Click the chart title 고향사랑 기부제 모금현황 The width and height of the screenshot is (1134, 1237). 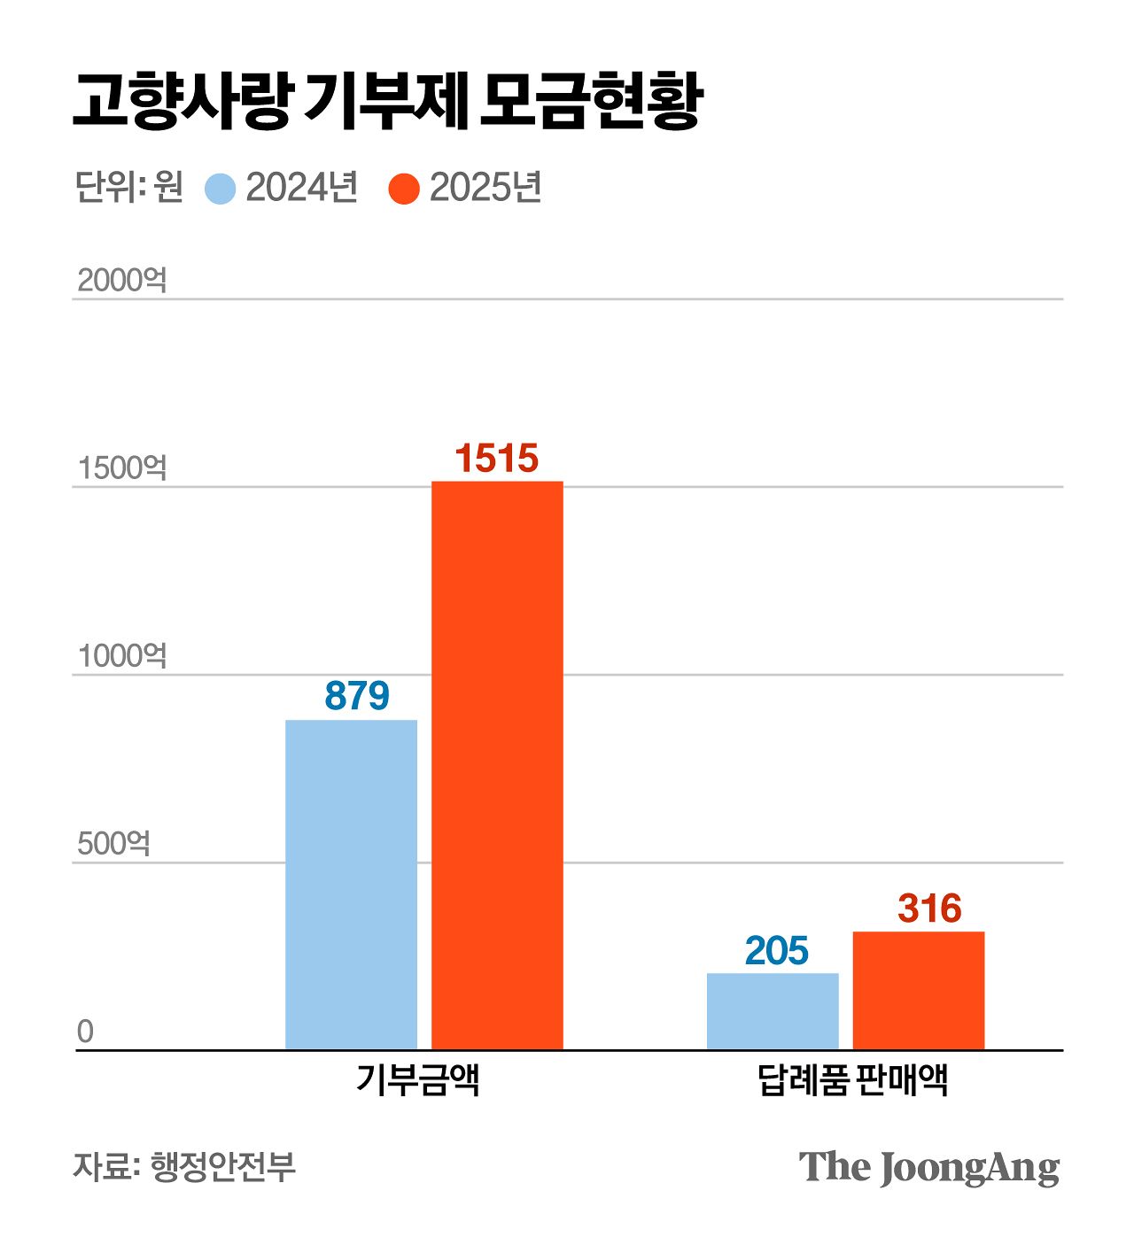(387, 102)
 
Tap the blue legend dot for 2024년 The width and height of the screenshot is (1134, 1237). (221, 189)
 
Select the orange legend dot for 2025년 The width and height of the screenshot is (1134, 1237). (404, 189)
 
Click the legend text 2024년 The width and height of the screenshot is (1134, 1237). (301, 188)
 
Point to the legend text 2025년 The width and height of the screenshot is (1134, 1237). (485, 188)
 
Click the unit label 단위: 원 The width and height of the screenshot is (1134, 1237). (128, 188)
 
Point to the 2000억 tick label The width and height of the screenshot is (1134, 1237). (121, 281)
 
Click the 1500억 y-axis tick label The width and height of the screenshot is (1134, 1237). (121, 468)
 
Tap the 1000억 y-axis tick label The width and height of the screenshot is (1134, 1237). (121, 656)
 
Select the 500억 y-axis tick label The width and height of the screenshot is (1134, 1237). (113, 844)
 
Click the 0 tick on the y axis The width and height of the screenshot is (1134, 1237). (85, 1032)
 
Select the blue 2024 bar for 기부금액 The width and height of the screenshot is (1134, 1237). (351, 885)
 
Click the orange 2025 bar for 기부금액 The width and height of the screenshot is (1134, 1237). (497, 766)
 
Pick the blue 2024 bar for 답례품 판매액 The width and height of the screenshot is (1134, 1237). (773, 1011)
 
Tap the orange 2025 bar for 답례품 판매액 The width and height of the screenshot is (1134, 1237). (919, 990)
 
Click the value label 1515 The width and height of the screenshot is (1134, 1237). (497, 459)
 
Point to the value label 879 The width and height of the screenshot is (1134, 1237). (357, 696)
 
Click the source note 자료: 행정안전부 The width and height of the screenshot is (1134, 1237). (184, 1166)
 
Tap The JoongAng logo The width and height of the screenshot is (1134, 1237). (928, 1168)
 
